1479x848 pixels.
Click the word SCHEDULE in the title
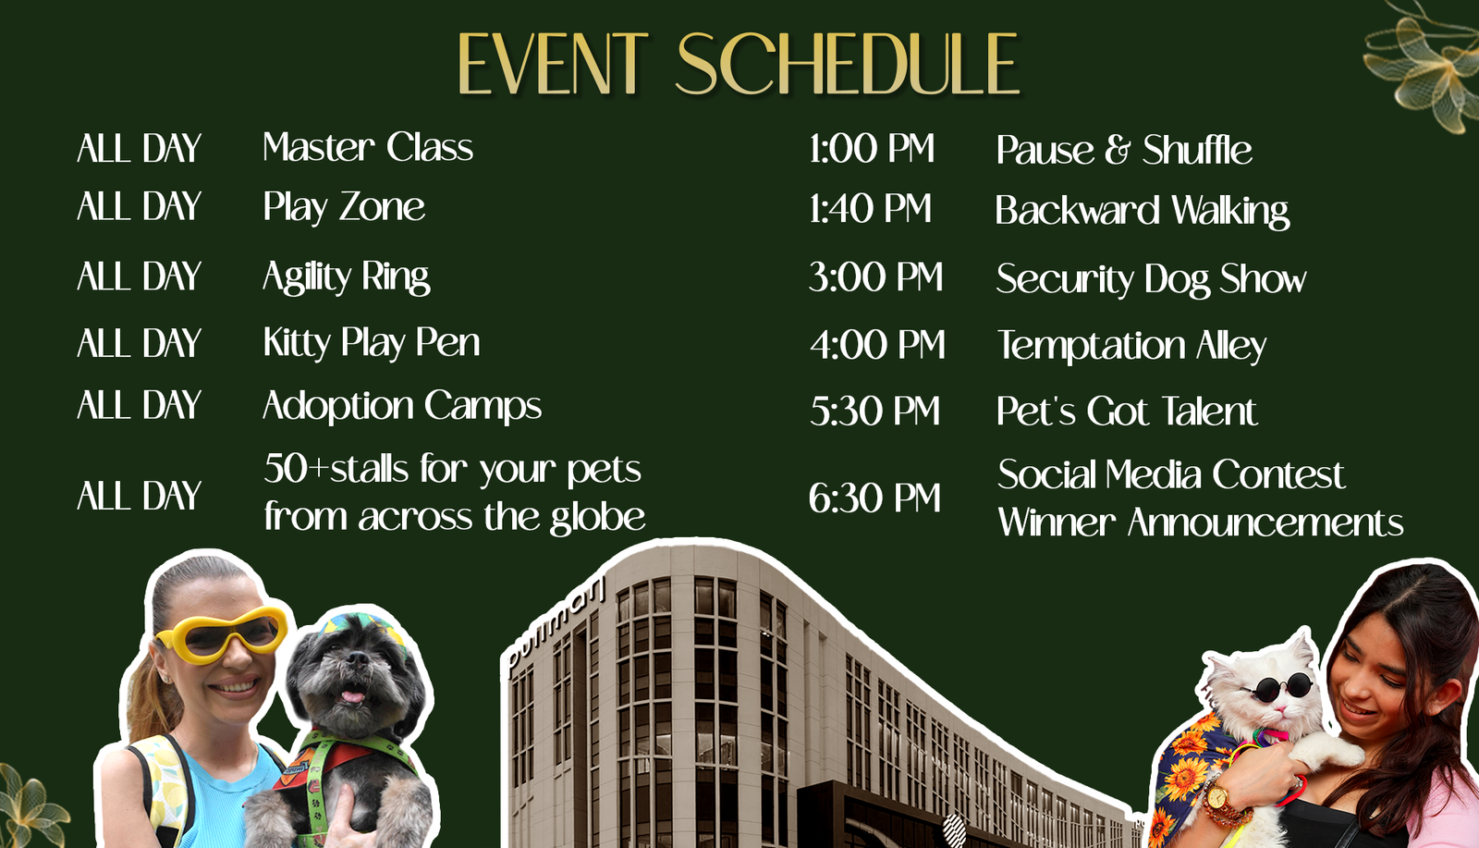point(849,64)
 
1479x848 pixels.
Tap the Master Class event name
point(368,147)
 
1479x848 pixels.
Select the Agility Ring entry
point(346,277)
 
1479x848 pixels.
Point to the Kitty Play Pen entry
point(371,343)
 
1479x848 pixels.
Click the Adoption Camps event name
point(402,406)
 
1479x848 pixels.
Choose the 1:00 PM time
point(872,148)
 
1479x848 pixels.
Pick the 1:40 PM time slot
point(870,209)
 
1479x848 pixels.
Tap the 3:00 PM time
point(875,277)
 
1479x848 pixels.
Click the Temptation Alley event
point(1131,346)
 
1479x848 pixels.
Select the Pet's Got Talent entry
point(1127,411)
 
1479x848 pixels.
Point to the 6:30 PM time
point(874,498)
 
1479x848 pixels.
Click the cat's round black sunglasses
point(1280,687)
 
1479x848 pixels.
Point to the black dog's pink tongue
point(352,695)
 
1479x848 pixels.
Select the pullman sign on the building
point(556,626)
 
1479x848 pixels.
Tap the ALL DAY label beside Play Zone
point(139,206)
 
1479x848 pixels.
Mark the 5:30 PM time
point(874,411)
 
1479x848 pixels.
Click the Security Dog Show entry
point(1151,278)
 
